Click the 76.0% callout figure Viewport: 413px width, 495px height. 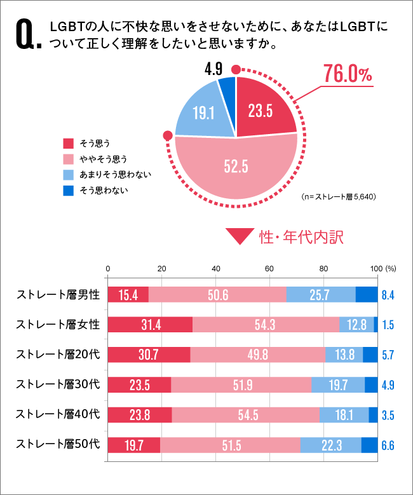click(347, 74)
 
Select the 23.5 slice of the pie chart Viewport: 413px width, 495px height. click(261, 110)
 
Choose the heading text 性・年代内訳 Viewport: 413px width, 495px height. click(302, 238)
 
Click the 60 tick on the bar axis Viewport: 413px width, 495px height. click(270, 268)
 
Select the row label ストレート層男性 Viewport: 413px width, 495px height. click(58, 294)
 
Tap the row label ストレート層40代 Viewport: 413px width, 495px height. click(58, 414)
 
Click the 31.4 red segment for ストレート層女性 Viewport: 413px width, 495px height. click(150, 325)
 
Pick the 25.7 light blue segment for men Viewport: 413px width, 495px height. click(321, 294)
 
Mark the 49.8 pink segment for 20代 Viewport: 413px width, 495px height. click(257, 355)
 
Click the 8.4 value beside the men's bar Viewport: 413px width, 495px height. click(388, 295)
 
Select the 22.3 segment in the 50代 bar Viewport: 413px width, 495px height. click(330, 445)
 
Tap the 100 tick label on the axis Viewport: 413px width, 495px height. click(376, 268)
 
